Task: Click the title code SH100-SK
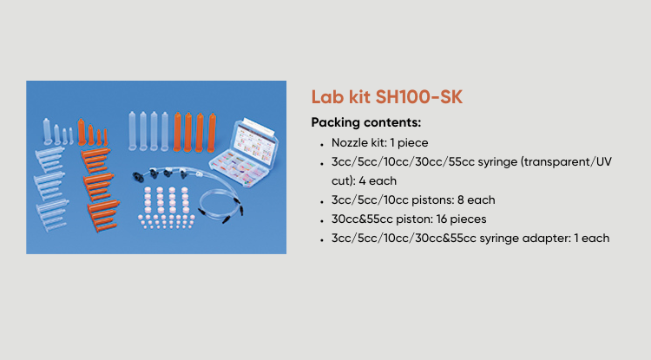[x=418, y=97]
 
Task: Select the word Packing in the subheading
[x=335, y=123]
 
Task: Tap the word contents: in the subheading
[x=392, y=122]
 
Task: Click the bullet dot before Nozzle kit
[x=322, y=145]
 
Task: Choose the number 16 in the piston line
[x=441, y=219]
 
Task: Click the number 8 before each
[x=460, y=200]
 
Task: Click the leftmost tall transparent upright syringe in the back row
[x=132, y=131]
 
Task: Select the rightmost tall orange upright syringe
[x=212, y=133]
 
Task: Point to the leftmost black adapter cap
[x=138, y=175]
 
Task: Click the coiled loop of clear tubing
[x=219, y=206]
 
